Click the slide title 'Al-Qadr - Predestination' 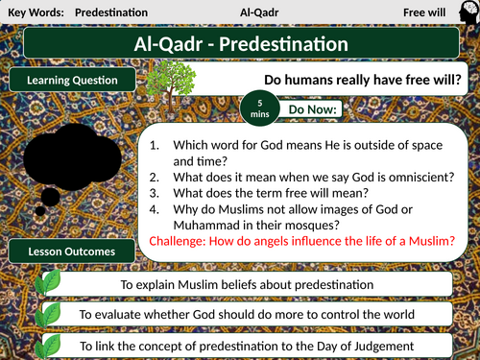pos(240,44)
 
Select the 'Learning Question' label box pos(73,82)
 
